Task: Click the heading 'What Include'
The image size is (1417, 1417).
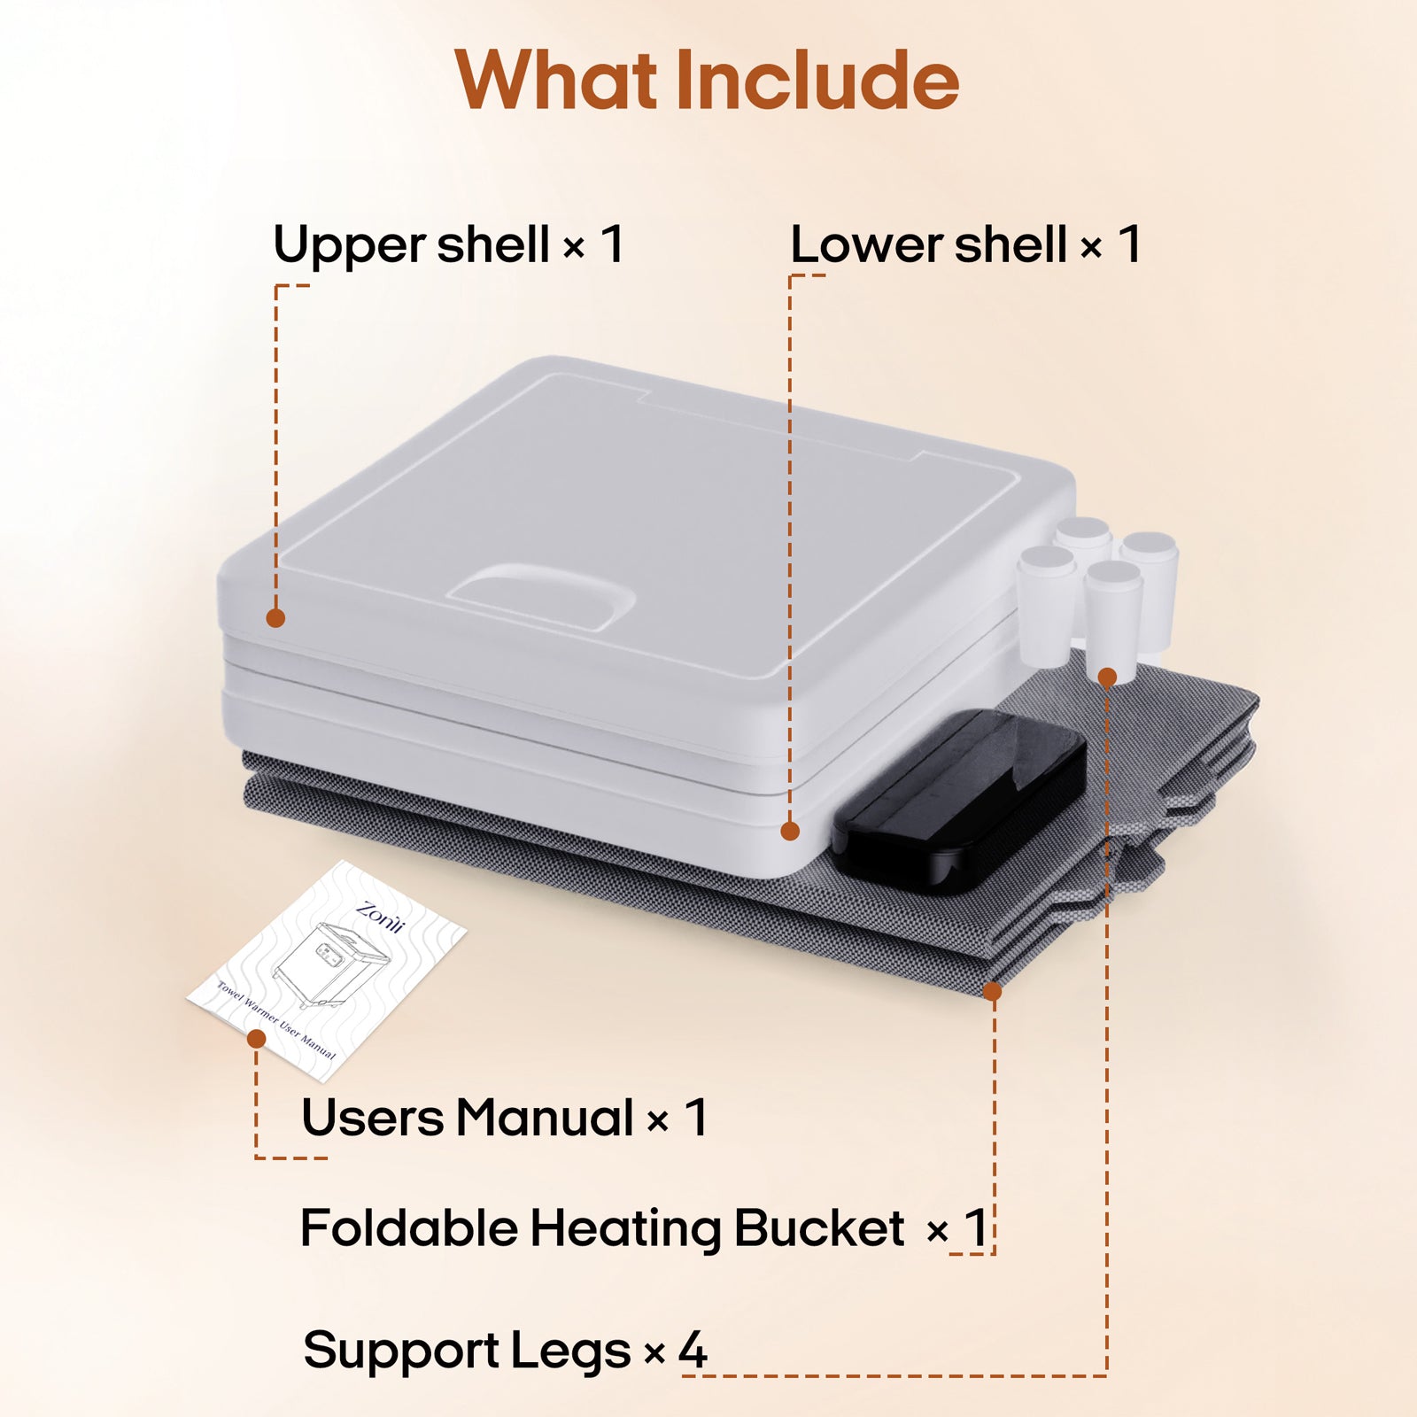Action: [x=707, y=80]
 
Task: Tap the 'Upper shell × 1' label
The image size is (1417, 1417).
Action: [x=448, y=244]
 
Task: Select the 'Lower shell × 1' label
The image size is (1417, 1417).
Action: [x=965, y=244]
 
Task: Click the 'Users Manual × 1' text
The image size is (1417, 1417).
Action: [x=504, y=1118]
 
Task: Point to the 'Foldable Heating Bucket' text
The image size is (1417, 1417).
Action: [x=602, y=1229]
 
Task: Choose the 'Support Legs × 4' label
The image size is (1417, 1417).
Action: [x=505, y=1351]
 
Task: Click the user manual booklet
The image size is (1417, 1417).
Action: [x=327, y=971]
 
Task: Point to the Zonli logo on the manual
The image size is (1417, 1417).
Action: [x=380, y=918]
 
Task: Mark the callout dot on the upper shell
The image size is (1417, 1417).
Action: [x=275, y=618]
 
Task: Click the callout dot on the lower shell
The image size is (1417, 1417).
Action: [x=790, y=831]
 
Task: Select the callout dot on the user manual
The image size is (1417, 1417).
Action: [x=257, y=1039]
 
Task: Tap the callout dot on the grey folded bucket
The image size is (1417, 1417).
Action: [x=993, y=991]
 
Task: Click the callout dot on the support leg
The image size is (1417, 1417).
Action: [x=1107, y=678]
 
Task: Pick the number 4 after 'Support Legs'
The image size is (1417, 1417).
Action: [x=693, y=1350]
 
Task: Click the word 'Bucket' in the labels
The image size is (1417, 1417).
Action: [x=819, y=1228]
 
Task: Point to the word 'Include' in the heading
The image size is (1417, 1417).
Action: [x=817, y=80]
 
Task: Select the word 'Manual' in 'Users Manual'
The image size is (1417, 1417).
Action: [x=545, y=1118]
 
